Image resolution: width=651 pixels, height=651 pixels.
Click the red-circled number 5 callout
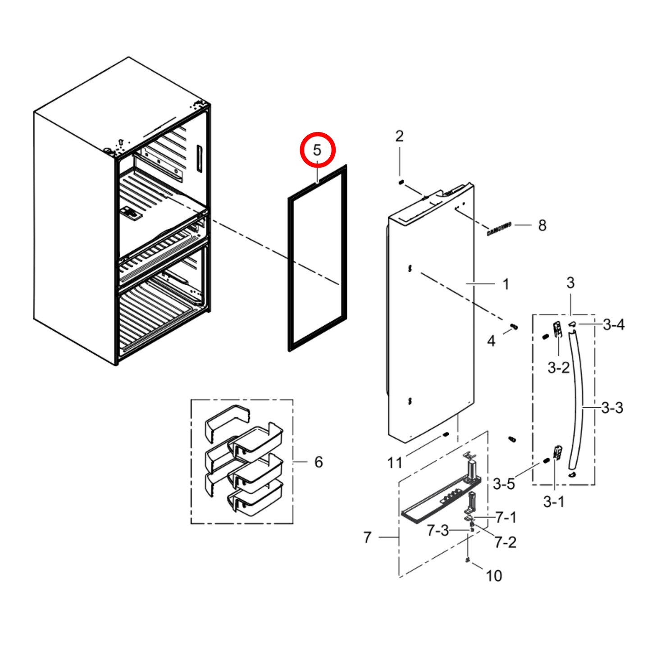pos(318,150)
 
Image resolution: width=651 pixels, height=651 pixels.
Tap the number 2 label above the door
pos(399,136)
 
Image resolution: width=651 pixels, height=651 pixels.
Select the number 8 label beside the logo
pos(542,225)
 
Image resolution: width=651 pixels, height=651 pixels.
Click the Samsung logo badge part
pos(499,229)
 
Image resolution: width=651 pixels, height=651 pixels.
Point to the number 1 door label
pos(505,284)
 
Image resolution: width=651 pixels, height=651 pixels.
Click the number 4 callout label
pos(491,341)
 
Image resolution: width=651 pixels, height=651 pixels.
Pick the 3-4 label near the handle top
pos(614,324)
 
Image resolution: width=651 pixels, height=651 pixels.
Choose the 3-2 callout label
pos(558,368)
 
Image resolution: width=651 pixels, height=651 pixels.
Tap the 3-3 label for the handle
pos(612,408)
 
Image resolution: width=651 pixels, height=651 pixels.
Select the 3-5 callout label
pos(503,484)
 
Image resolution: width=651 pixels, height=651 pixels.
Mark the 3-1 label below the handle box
pos(553,501)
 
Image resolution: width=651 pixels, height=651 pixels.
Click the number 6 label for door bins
pos(318,462)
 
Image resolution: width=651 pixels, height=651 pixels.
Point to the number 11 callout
pos(395,463)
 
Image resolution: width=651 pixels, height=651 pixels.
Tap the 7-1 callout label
pos(506,518)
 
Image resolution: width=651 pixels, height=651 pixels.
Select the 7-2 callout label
pos(505,542)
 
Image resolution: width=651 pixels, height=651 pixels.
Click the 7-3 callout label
pos(437,531)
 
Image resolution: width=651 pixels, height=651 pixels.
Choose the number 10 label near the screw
pos(494,576)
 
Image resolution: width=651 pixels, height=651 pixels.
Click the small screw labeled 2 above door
pos(400,182)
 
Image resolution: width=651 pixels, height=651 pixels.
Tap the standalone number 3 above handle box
pos(570,283)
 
